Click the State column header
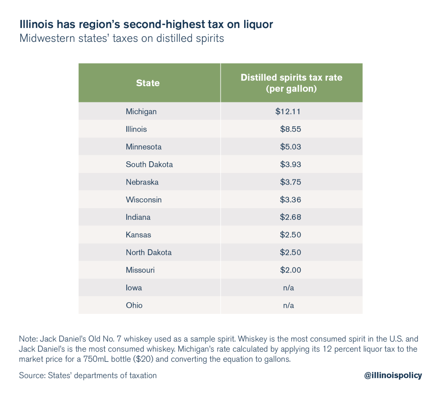click(148, 83)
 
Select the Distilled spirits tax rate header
click(292, 83)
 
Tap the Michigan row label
click(141, 112)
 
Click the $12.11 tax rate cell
click(288, 112)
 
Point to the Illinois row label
click(136, 129)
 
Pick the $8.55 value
click(290, 129)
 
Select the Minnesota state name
click(144, 147)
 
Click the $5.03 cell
click(290, 147)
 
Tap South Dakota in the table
click(149, 165)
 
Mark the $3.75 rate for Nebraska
click(290, 182)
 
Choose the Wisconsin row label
click(144, 200)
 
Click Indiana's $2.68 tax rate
click(290, 217)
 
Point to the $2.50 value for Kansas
click(290, 235)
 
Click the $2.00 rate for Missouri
click(290, 270)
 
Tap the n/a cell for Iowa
click(289, 288)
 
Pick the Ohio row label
click(134, 306)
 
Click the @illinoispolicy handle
click(393, 375)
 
